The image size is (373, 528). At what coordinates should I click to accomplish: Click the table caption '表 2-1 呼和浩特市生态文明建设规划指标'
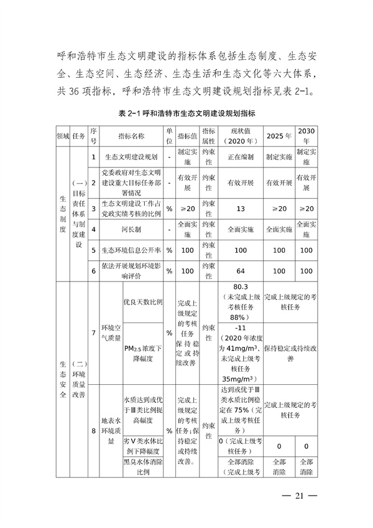click(x=187, y=115)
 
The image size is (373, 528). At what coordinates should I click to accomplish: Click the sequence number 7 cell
click(x=93, y=333)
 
